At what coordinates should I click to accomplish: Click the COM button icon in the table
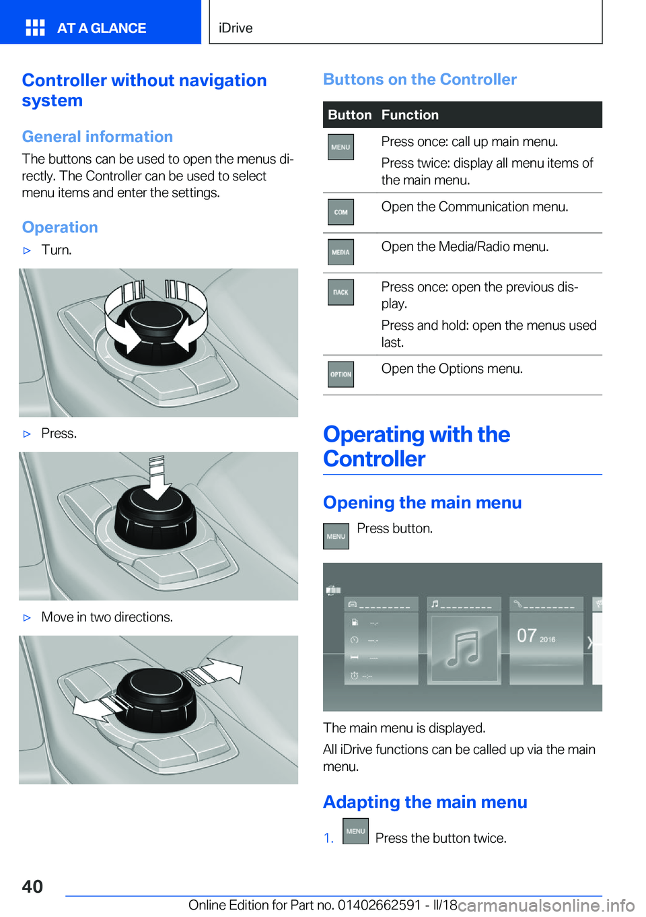click(340, 212)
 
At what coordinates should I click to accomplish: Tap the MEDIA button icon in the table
click(340, 252)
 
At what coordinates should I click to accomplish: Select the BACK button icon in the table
click(340, 292)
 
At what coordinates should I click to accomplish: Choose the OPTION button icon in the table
click(340, 374)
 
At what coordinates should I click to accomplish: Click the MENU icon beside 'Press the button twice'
click(355, 831)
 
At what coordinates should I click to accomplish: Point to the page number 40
click(32, 886)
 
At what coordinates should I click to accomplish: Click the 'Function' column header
click(410, 115)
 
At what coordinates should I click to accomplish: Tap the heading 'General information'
click(98, 137)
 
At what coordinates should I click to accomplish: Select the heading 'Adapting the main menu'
click(425, 802)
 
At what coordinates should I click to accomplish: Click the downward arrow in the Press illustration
click(157, 479)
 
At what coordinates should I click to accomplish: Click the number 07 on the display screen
click(526, 636)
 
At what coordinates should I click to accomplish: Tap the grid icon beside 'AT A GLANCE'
click(35, 28)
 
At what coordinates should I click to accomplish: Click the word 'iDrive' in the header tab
click(236, 28)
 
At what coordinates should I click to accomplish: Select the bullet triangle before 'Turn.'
click(27, 250)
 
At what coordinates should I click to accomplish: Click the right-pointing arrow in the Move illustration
click(213, 672)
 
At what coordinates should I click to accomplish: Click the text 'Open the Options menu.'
click(452, 369)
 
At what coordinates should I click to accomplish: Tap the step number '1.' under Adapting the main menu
click(328, 838)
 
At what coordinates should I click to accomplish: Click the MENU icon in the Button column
click(340, 147)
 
